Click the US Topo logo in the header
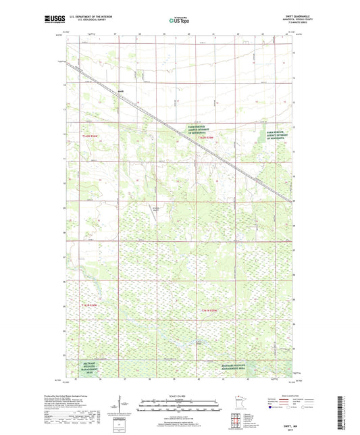click(x=178, y=21)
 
